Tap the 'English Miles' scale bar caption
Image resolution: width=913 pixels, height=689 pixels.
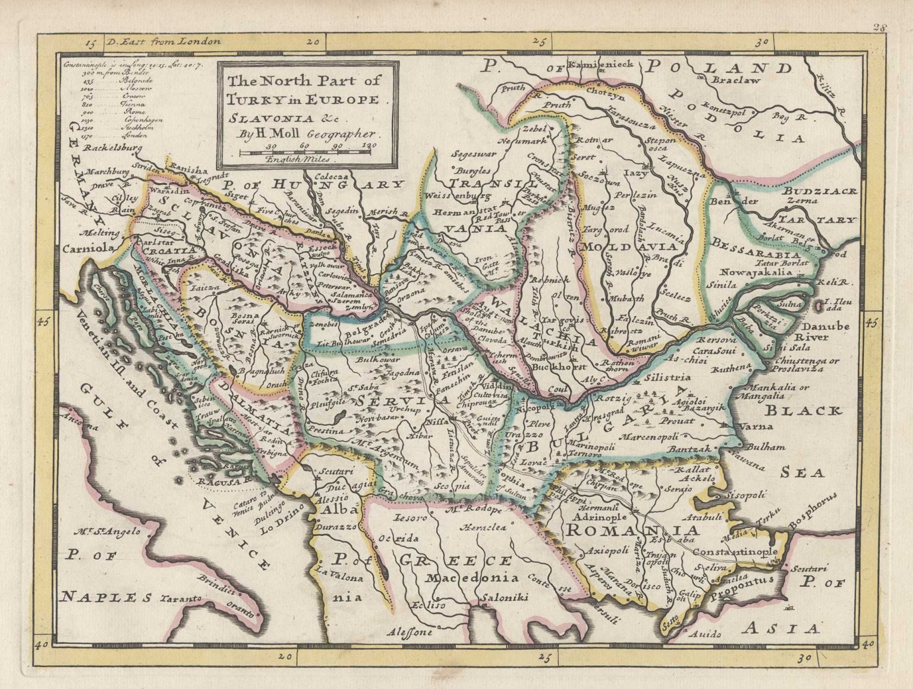301,160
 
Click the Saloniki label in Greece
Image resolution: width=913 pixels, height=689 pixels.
505,599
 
